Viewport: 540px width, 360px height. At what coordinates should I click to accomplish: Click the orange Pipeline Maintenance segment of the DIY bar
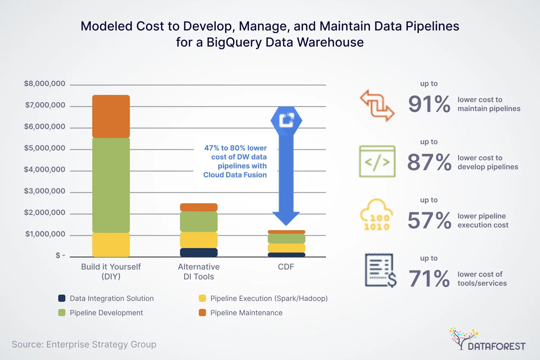pyautogui.click(x=111, y=116)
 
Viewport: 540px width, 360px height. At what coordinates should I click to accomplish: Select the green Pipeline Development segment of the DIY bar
pyautogui.click(x=111, y=185)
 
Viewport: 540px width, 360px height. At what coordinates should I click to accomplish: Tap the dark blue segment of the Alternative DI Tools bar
pyautogui.click(x=199, y=253)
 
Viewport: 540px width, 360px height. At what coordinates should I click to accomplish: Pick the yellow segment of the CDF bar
pyautogui.click(x=286, y=248)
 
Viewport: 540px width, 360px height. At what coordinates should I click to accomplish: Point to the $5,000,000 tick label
pyautogui.click(x=44, y=148)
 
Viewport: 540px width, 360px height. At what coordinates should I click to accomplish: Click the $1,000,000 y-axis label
pyautogui.click(x=45, y=234)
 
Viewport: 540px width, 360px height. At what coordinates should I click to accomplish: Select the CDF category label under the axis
pyautogui.click(x=286, y=267)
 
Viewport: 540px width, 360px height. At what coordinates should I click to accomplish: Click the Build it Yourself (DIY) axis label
pyautogui.click(x=111, y=271)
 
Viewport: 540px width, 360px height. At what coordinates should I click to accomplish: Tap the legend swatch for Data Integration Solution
pyautogui.click(x=62, y=298)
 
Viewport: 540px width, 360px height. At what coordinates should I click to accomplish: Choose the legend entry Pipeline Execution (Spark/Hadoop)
pyautogui.click(x=269, y=298)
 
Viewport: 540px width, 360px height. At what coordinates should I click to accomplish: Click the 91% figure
pyautogui.click(x=429, y=104)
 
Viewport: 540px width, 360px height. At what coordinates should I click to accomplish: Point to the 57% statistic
pyautogui.click(x=429, y=221)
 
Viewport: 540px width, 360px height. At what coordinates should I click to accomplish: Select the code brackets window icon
pyautogui.click(x=377, y=161)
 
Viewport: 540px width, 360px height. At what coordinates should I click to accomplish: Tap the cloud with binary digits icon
pyautogui.click(x=376, y=215)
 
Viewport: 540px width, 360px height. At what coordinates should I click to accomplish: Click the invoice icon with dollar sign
pyautogui.click(x=380, y=270)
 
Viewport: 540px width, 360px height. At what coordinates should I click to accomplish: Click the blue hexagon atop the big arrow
pyautogui.click(x=286, y=120)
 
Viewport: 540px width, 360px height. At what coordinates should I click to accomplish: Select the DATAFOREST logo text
pyautogui.click(x=496, y=346)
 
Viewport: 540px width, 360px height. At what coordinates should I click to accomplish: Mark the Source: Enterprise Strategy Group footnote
pyautogui.click(x=84, y=344)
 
